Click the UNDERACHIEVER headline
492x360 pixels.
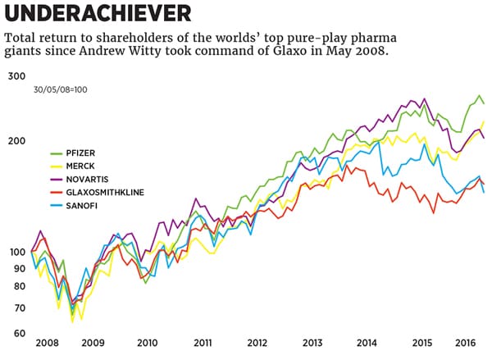click(99, 13)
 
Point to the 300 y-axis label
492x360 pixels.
click(17, 76)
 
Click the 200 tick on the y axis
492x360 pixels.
click(17, 141)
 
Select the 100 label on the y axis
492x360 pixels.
click(17, 252)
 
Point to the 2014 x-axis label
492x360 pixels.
click(367, 344)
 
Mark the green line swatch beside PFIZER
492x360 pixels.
click(57, 153)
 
